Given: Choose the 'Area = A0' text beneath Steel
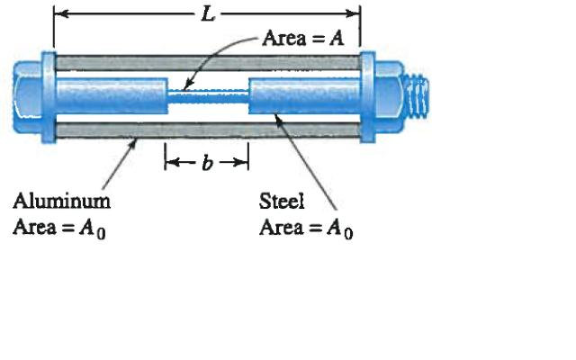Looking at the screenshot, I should coord(306,227).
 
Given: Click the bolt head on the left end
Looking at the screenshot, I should coord(26,94).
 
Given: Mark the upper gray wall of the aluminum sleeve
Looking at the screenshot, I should coord(207,63).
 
